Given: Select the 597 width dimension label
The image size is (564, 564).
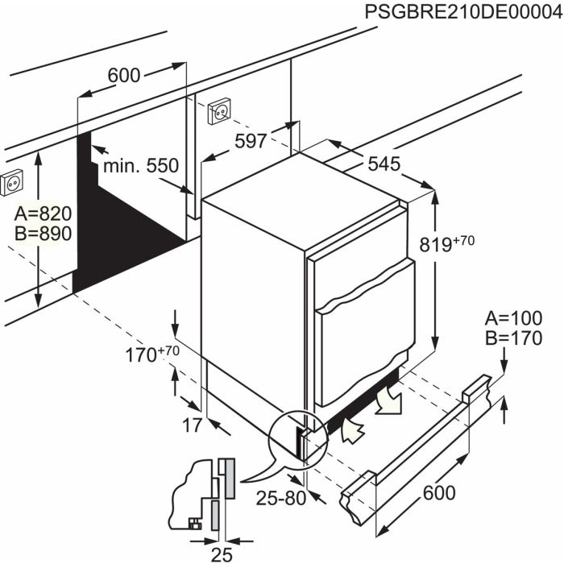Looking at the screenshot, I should coord(251,141).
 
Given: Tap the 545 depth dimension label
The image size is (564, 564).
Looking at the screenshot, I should coord(384,164).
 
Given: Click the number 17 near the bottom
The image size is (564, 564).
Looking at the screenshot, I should coord(190,426).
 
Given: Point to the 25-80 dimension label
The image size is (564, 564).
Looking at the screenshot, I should coord(280,498).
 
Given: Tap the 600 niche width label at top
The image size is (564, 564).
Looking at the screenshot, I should coord(123,75).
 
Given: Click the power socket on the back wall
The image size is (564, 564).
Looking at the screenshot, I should coord(219,111).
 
